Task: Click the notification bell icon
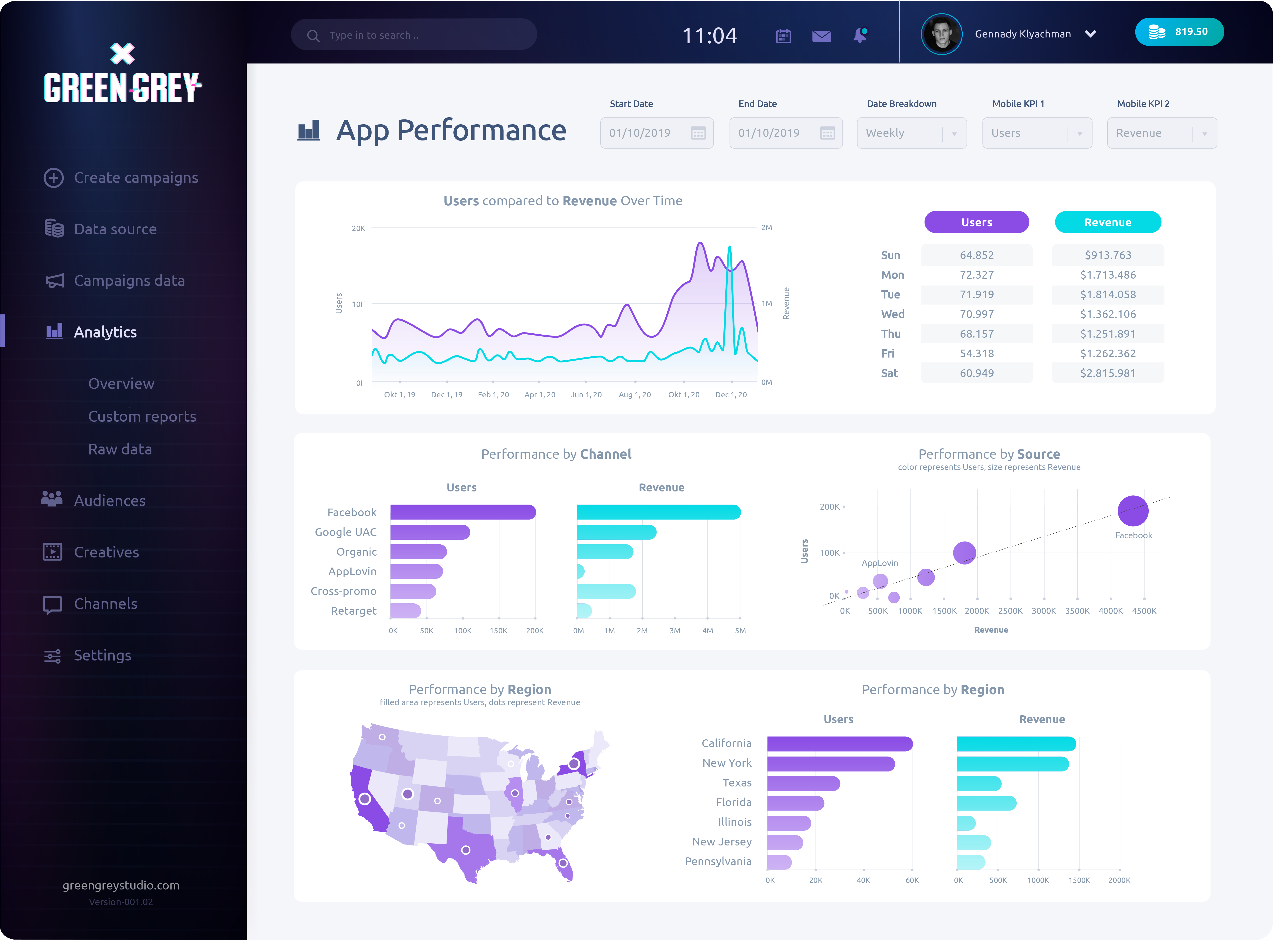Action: click(860, 35)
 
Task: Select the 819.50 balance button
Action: click(1179, 32)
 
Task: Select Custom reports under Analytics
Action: click(142, 416)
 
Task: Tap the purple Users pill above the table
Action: click(976, 222)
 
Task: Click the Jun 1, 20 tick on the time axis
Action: click(586, 395)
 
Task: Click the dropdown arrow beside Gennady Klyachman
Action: click(1090, 34)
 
